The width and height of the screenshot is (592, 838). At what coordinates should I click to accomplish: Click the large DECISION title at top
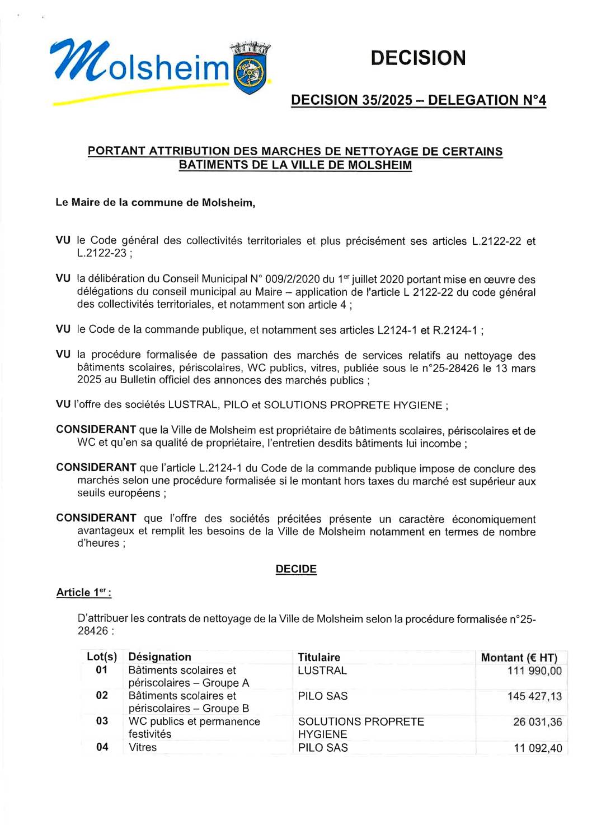click(x=418, y=58)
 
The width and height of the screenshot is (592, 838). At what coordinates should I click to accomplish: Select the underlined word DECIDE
click(x=296, y=569)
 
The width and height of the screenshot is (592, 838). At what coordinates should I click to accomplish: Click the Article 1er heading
click(x=83, y=593)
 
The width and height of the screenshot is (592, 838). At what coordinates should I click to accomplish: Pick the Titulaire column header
click(x=319, y=657)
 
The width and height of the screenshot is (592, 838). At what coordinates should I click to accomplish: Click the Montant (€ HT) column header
click(x=519, y=658)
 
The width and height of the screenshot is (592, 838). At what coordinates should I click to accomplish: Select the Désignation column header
click(x=159, y=657)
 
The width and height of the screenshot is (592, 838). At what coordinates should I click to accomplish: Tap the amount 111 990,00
click(x=534, y=671)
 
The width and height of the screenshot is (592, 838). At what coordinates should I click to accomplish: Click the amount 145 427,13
click(x=534, y=696)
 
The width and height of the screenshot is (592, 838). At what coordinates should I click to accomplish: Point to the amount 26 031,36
click(x=537, y=722)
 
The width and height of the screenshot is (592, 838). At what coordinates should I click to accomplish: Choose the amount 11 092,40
click(x=538, y=748)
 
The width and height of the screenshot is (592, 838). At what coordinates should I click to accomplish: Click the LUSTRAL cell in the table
click(x=322, y=671)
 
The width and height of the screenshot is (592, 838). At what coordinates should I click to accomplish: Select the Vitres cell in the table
click(x=143, y=747)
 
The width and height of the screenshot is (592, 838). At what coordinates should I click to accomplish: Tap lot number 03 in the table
click(x=102, y=721)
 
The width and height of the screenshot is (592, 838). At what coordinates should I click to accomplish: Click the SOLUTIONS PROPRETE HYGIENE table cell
click(x=360, y=728)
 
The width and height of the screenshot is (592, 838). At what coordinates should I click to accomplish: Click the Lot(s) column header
click(x=102, y=657)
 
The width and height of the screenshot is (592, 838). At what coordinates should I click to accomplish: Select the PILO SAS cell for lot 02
click(x=323, y=696)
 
